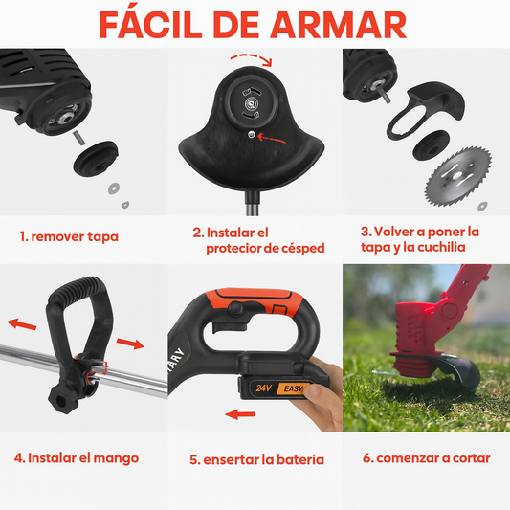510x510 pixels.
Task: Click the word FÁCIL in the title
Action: [x=151, y=25]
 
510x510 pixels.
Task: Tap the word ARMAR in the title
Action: [x=339, y=26]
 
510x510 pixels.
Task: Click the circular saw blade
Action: [x=458, y=177]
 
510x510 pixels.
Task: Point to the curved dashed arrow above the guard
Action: [x=251, y=59]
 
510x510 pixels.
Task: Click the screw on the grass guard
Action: [x=251, y=134]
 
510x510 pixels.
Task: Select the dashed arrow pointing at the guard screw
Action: [x=272, y=139]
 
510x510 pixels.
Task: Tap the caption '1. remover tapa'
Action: [x=69, y=236]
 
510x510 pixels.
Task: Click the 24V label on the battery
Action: [x=263, y=388]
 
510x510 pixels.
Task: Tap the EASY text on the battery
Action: [x=294, y=388]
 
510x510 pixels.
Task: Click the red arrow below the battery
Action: [x=240, y=414]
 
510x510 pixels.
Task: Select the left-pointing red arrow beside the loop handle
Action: [x=22, y=324]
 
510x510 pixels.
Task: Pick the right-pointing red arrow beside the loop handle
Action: [x=130, y=344]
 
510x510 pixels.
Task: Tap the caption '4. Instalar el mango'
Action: [x=77, y=458]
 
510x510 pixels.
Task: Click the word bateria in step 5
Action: [x=300, y=459]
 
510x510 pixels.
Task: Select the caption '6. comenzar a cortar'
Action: [x=427, y=458]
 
